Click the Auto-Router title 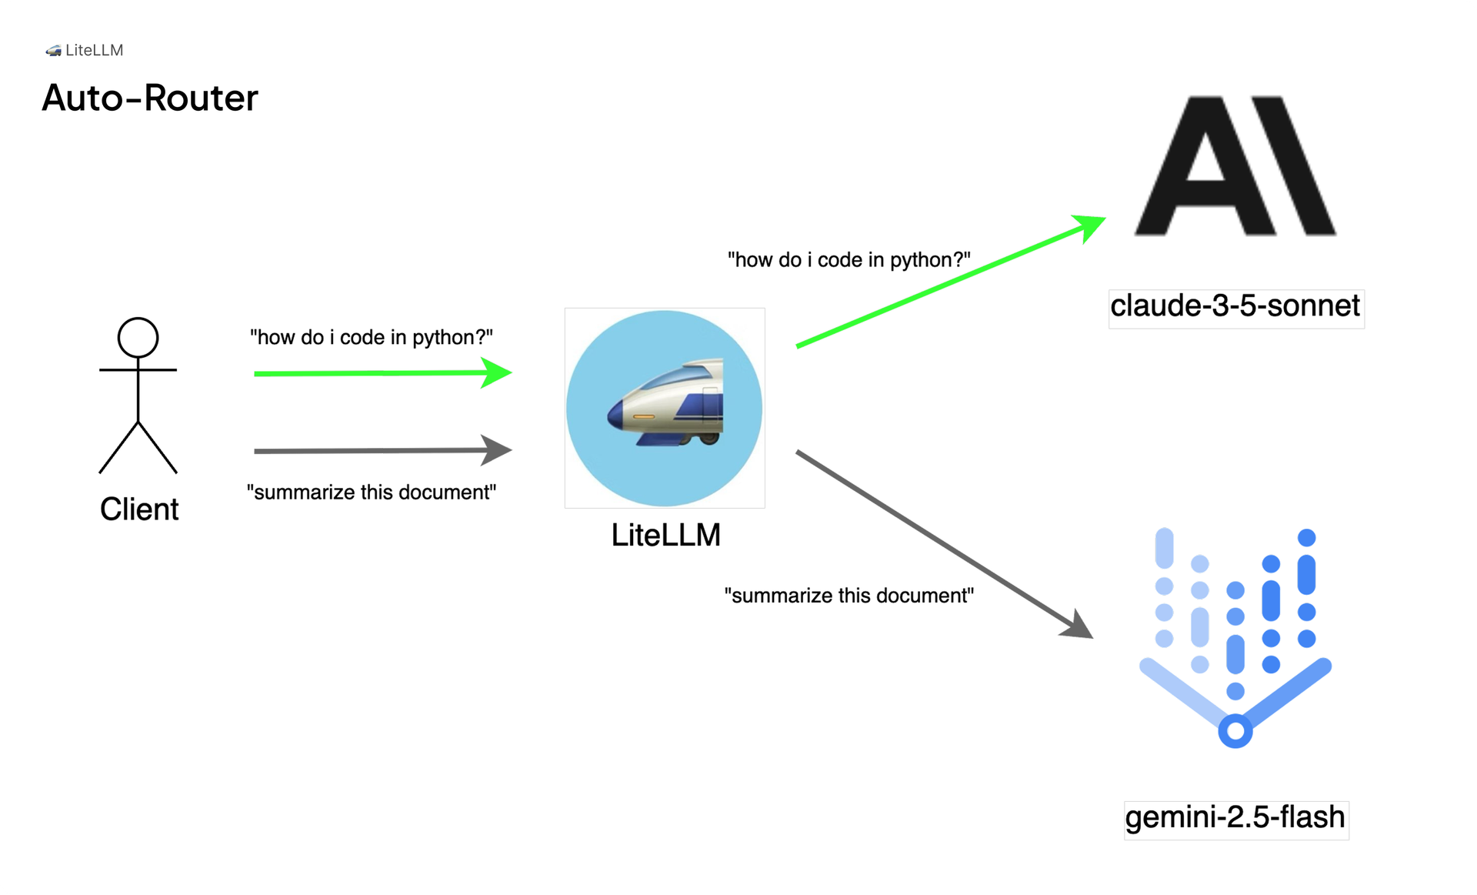(x=150, y=98)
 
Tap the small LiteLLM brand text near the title (x=94, y=50)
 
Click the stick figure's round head (x=138, y=338)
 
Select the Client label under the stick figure (x=139, y=509)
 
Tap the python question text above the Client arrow (x=372, y=337)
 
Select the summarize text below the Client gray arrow (x=372, y=493)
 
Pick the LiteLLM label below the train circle (x=666, y=536)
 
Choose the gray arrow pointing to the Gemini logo (x=942, y=543)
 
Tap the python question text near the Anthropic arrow (x=849, y=260)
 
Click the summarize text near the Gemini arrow (x=849, y=596)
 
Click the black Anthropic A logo (x=1235, y=165)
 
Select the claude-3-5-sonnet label (x=1235, y=306)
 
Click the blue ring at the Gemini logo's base (x=1235, y=731)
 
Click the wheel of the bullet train (x=709, y=439)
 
